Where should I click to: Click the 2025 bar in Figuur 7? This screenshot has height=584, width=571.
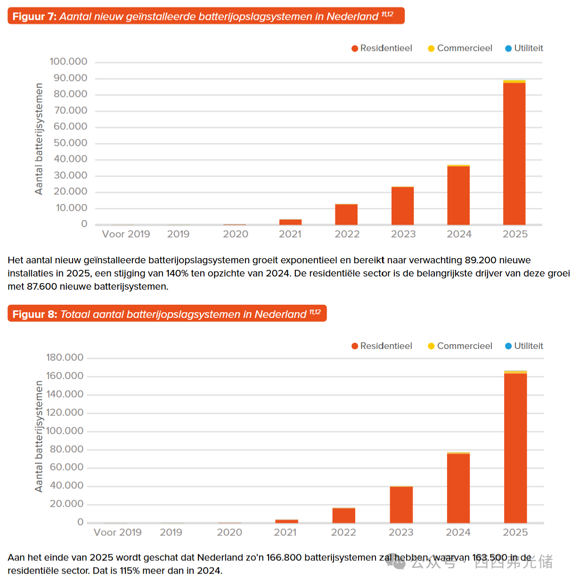[x=514, y=153]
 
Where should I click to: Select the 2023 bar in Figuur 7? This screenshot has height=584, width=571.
[x=402, y=206]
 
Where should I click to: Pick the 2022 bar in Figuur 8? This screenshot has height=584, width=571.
[x=343, y=515]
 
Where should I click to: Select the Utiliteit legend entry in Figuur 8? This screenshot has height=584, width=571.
[x=524, y=346]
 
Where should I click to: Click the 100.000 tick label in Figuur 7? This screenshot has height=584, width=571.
[x=68, y=62]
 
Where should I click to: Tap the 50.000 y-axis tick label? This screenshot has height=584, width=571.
[x=70, y=143]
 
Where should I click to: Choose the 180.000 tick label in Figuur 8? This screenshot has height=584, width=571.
[x=65, y=357]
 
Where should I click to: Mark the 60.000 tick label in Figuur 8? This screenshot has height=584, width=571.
[x=66, y=467]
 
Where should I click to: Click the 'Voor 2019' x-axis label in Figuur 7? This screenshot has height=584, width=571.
[x=126, y=234]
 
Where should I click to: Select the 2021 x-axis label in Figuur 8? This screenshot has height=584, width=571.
[x=285, y=532]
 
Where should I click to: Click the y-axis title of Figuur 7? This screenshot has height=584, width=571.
[x=39, y=139]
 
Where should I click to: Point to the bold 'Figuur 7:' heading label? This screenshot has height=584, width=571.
[x=34, y=16]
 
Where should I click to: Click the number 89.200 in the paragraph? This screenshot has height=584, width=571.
[x=480, y=260]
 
